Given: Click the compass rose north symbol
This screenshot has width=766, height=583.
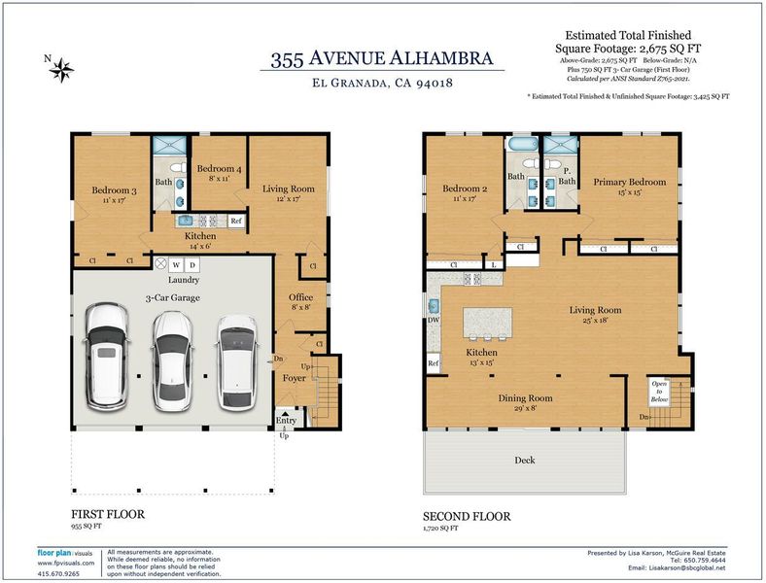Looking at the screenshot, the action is coord(61,70).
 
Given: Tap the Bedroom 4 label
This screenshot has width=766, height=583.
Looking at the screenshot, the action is coord(219,169).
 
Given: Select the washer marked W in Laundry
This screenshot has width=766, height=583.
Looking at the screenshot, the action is coord(176,265).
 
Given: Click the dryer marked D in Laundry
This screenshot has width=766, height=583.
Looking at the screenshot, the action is coord(192,265).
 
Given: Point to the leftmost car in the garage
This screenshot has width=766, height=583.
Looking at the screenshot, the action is coord(107,357).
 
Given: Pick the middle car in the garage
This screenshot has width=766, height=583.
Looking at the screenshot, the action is coord(172,360).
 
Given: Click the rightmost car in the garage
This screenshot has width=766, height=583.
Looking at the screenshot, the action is coord(237,362).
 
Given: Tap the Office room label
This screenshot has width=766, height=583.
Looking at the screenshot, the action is coord(300,297).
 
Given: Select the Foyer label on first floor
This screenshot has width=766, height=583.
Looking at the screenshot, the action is coord(295,378).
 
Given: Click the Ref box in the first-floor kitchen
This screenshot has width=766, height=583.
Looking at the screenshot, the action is coord(236,221).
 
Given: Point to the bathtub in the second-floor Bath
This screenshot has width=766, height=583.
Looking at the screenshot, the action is coord(523,144).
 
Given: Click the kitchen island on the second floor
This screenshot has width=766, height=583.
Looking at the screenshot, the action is coord(488,322).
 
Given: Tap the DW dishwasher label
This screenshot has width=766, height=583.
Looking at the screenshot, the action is coord(434,321).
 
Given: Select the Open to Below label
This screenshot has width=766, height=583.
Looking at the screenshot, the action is coord(659,392).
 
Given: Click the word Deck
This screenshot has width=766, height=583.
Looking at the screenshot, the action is coord(525,460).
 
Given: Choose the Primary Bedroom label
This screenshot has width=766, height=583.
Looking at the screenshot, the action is coord(630,182).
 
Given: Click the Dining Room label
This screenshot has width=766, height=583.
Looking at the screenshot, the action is coord(525,398).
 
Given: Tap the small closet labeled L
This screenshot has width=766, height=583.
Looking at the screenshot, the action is coord(494,264).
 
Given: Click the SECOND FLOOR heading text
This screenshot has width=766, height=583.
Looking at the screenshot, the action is coord(467,517).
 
